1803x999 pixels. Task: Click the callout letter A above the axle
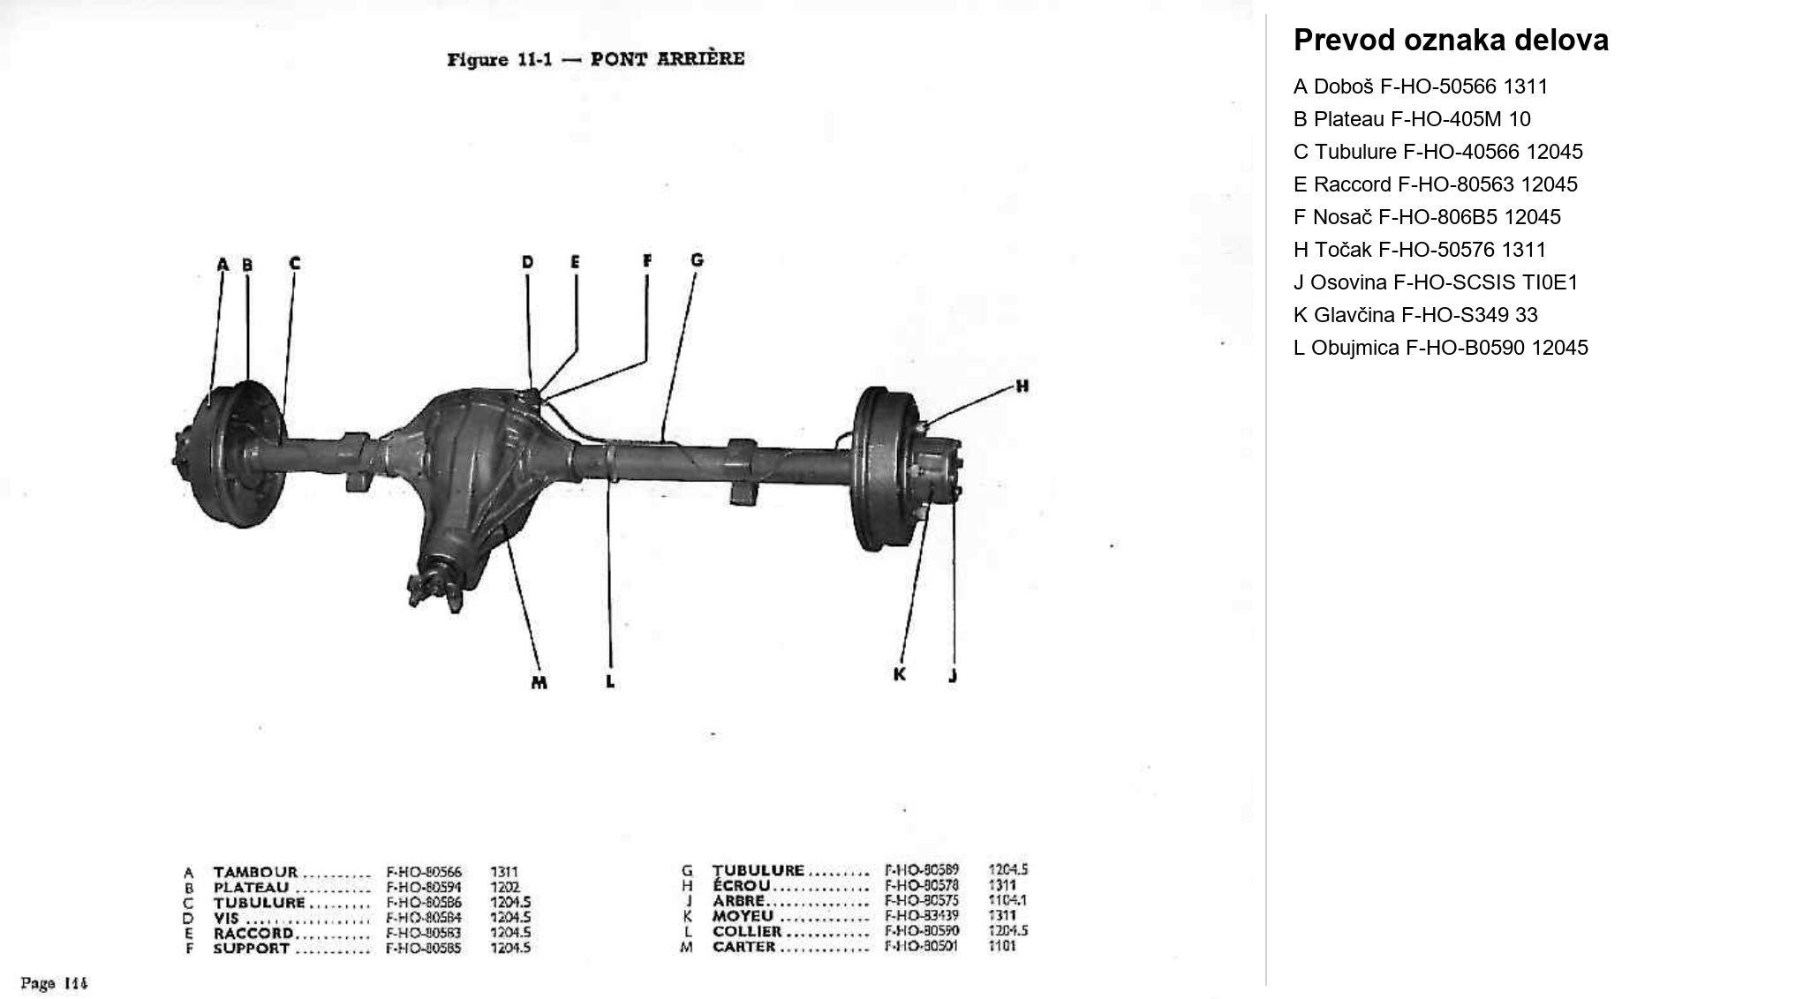pyautogui.click(x=223, y=264)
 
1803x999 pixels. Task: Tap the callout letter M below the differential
pyautogui.click(x=539, y=682)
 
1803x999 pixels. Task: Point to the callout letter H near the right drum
pyautogui.click(x=1022, y=386)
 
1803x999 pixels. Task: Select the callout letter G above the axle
pyautogui.click(x=697, y=259)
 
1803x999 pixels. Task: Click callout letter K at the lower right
pyautogui.click(x=900, y=674)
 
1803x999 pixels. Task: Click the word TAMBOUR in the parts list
pyautogui.click(x=255, y=872)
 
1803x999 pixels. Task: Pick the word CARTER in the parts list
pyautogui.click(x=743, y=947)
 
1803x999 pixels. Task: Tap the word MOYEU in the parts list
pyautogui.click(x=743, y=916)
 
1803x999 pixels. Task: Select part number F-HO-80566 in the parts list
pyautogui.click(x=424, y=872)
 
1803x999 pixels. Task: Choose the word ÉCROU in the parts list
pyautogui.click(x=742, y=885)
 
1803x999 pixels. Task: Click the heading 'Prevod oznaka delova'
pyautogui.click(x=1451, y=41)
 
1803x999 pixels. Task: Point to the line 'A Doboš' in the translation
pyautogui.click(x=1420, y=86)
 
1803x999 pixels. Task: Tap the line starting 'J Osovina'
pyautogui.click(x=1435, y=282)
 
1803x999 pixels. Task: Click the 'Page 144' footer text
pyautogui.click(x=55, y=983)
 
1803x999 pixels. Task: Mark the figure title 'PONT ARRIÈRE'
pyautogui.click(x=667, y=59)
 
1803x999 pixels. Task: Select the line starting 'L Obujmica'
pyautogui.click(x=1440, y=348)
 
